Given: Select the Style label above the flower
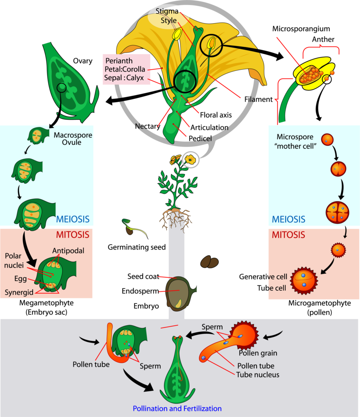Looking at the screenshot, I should coord(168,20).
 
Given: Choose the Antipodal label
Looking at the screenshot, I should coord(68,250).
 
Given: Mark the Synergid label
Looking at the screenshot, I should coord(19,292).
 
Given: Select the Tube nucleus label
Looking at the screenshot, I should coord(257,374).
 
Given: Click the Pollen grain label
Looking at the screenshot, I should coord(258,353).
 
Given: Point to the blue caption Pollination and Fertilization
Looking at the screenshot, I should coord(177,408).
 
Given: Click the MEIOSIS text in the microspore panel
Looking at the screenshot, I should coord(288,219).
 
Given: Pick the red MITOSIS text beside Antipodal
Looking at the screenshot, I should coord(72,235).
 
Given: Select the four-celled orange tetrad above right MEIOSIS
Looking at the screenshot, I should coord(338,212).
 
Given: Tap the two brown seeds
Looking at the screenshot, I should coord(209,262).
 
